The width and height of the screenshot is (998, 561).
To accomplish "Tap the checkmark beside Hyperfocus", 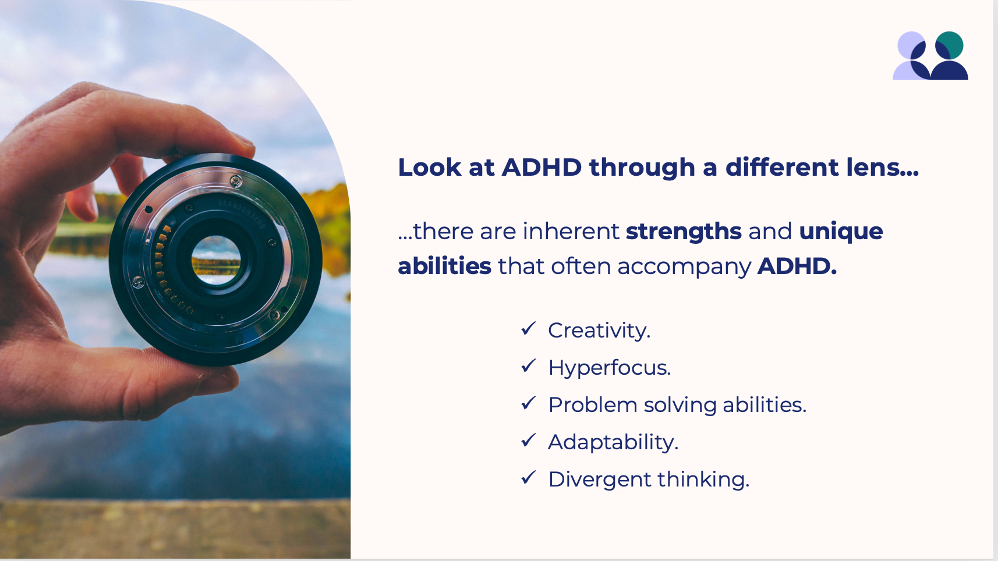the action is [x=529, y=366].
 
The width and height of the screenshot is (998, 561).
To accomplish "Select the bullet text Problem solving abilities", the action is [x=677, y=405].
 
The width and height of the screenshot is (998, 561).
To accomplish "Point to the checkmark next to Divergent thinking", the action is [x=529, y=478].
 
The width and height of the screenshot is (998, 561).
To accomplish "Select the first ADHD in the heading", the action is [x=542, y=168].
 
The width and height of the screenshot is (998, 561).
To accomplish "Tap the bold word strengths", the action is [x=684, y=232].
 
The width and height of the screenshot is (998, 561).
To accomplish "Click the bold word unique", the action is [x=841, y=232].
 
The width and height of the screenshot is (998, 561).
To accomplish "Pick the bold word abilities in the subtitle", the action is [x=444, y=267].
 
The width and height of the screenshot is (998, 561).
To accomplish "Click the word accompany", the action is [x=684, y=267].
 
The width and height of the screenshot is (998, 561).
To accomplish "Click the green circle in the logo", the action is [x=949, y=45].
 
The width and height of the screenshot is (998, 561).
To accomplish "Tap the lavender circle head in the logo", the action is [x=911, y=45].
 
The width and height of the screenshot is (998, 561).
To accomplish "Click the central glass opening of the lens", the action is [x=216, y=261].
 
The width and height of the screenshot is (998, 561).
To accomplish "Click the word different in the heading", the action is [x=782, y=168].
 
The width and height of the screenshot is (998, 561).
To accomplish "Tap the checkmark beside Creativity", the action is [x=529, y=329].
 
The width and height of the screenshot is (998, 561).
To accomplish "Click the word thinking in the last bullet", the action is [x=703, y=480].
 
